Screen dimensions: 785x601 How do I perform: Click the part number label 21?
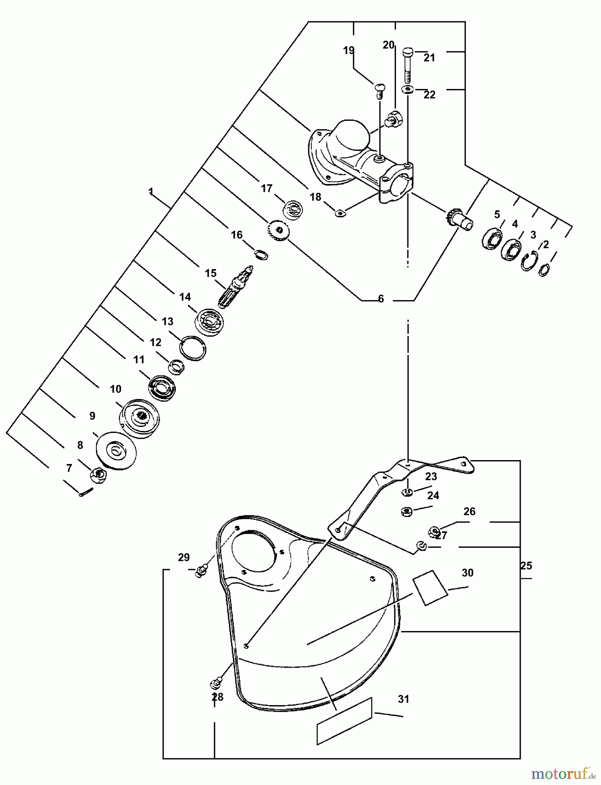point(429,58)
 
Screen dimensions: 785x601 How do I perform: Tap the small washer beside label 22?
point(407,90)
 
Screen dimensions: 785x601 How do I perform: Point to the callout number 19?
point(348,51)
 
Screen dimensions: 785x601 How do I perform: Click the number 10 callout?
point(115,389)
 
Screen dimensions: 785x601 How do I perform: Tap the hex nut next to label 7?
point(99,474)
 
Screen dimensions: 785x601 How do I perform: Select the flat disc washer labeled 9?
point(116,451)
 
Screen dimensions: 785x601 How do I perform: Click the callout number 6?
point(381,299)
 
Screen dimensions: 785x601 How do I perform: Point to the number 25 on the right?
point(526,566)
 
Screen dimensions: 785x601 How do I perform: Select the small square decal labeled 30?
point(430,587)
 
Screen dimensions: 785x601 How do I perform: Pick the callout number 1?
point(150,191)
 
